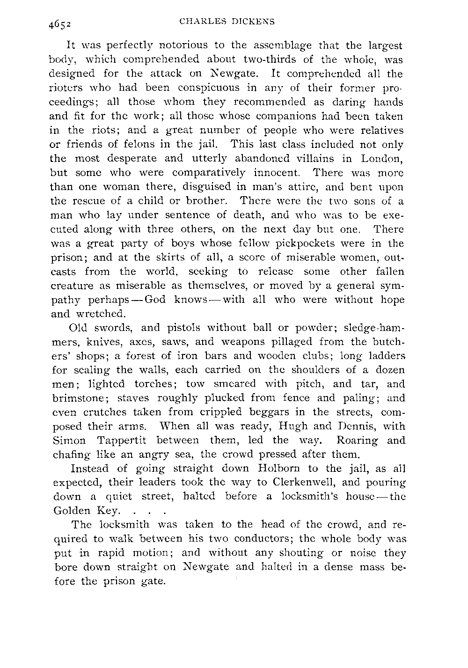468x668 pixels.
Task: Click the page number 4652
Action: (58, 23)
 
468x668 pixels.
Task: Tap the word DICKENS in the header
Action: (255, 21)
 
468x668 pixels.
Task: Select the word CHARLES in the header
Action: (199, 21)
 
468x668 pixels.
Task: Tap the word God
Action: (152, 300)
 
